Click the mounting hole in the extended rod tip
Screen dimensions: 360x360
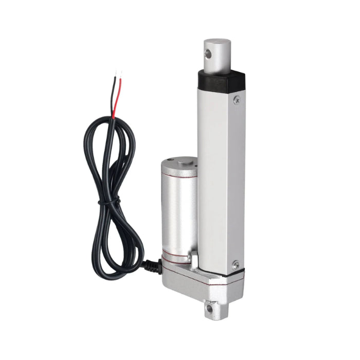coord(209,53)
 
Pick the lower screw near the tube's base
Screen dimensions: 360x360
coord(236,265)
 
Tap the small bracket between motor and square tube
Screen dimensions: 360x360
coord(195,256)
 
